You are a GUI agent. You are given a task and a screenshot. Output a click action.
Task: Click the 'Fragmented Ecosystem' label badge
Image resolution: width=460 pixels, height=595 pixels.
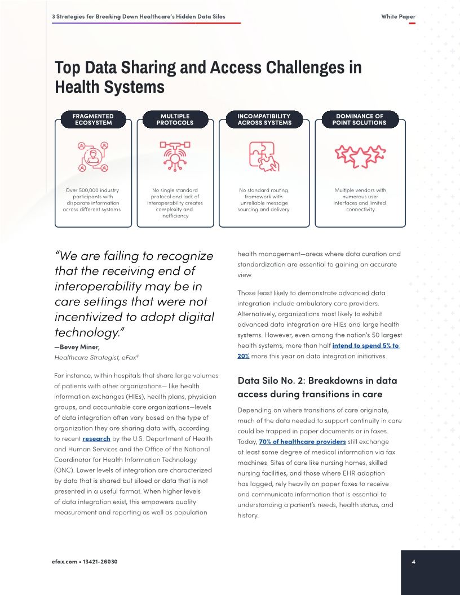click(92, 119)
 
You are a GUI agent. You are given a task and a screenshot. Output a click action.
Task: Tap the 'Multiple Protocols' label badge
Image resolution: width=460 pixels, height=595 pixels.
click(175, 119)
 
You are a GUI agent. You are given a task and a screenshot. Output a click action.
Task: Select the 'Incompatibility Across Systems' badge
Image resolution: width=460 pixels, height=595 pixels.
click(264, 119)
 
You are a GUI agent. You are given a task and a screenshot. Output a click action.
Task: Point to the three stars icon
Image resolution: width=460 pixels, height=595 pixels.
click(360, 155)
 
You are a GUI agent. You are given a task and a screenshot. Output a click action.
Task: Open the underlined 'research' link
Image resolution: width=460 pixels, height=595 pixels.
click(96, 438)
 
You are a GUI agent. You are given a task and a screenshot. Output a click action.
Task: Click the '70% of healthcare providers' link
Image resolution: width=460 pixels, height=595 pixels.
click(302, 441)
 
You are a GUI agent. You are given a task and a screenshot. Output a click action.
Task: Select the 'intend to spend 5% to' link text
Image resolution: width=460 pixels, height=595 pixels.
click(365, 345)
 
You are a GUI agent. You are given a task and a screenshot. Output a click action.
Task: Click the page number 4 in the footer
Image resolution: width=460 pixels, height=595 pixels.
click(414, 562)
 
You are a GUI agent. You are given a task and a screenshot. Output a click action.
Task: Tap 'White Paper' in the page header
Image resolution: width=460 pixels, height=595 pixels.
click(398, 16)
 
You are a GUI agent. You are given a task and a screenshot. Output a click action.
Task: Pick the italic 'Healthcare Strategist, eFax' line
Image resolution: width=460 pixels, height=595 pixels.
click(96, 357)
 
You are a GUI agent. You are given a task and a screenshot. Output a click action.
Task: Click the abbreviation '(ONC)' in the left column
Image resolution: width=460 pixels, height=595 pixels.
click(64, 470)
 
